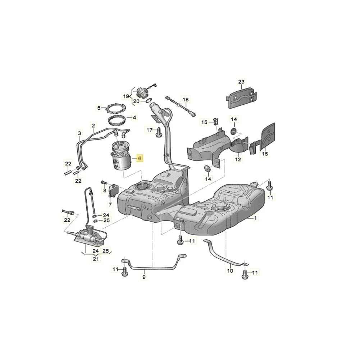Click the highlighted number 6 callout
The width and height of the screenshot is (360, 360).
140,158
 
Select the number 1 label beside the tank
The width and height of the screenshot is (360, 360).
256,218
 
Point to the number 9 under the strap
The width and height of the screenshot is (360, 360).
144,277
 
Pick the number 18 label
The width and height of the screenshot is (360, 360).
185,99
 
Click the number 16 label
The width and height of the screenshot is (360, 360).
265,154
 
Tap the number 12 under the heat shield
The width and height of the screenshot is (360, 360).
238,159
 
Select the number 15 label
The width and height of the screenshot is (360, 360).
204,123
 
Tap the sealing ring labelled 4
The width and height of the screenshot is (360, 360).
117,119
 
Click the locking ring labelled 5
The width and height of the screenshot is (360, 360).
115,108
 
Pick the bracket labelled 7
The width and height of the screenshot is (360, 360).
114,190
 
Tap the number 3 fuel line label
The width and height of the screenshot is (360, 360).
79,133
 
